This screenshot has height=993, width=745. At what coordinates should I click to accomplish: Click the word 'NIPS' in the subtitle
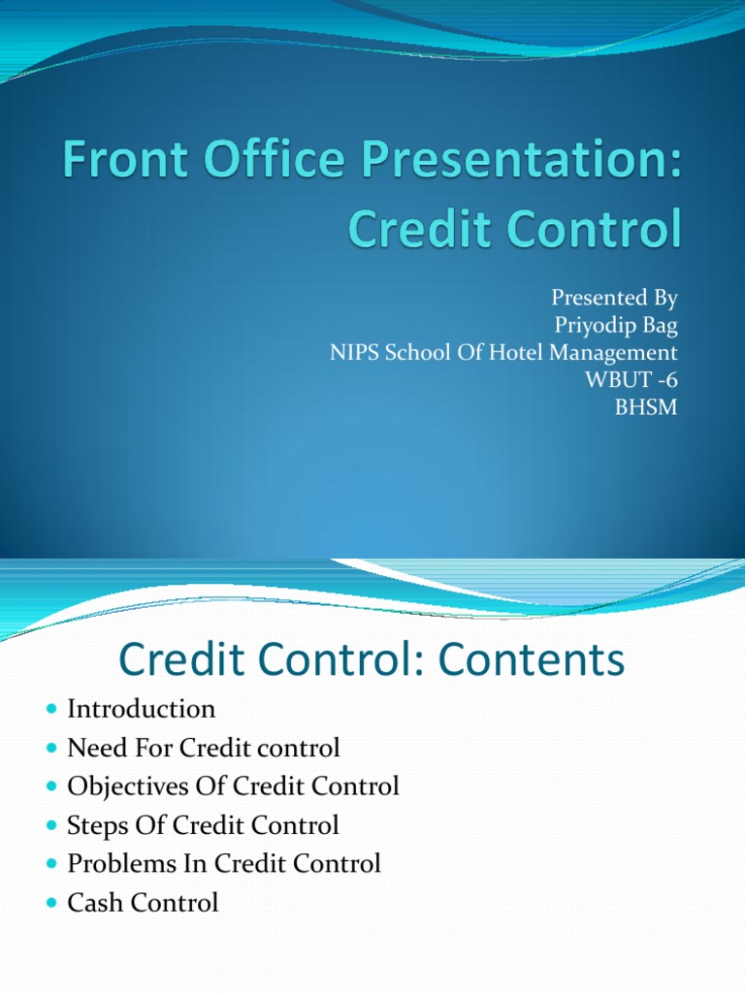pos(360,352)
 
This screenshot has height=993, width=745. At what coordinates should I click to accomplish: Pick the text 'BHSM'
pos(645,407)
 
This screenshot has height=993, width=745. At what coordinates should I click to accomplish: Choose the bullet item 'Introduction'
pos(142,709)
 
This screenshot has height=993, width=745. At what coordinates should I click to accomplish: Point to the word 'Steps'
pos(94,825)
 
